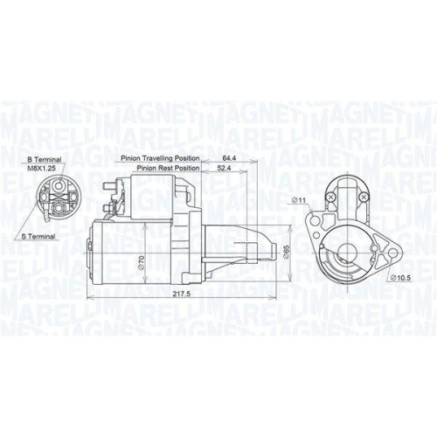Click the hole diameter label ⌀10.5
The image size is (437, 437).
coord(399,279)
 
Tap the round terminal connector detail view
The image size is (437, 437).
coord(59,197)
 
